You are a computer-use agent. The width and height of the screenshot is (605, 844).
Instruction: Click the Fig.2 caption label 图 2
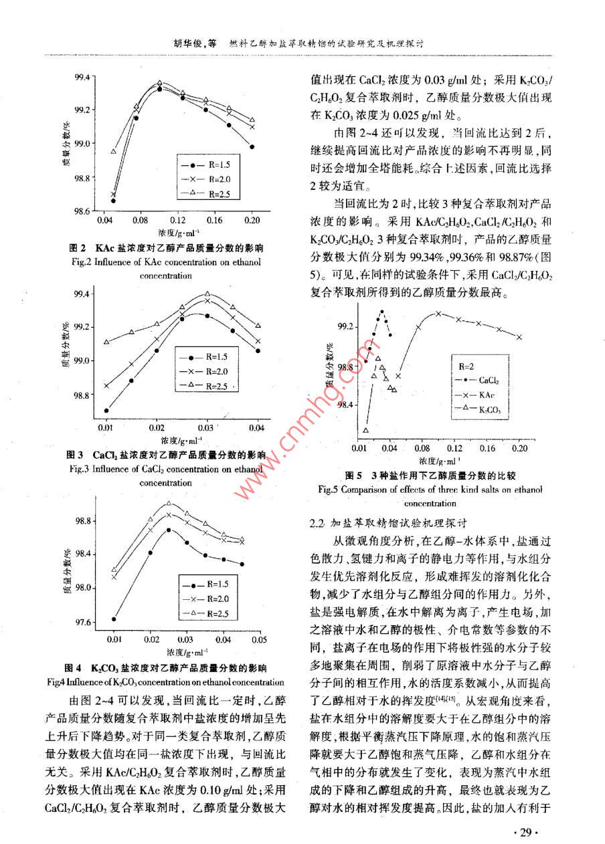tap(76, 247)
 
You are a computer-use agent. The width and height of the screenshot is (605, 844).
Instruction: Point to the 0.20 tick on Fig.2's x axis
tap(252, 220)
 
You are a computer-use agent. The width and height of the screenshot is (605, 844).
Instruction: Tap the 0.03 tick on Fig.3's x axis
tap(207, 427)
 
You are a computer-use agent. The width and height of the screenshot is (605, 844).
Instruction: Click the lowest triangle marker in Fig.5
tap(366, 430)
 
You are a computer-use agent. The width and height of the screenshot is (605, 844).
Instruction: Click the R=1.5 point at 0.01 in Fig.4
tap(114, 619)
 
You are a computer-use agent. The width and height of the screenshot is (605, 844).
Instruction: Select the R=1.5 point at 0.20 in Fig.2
tap(252, 146)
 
